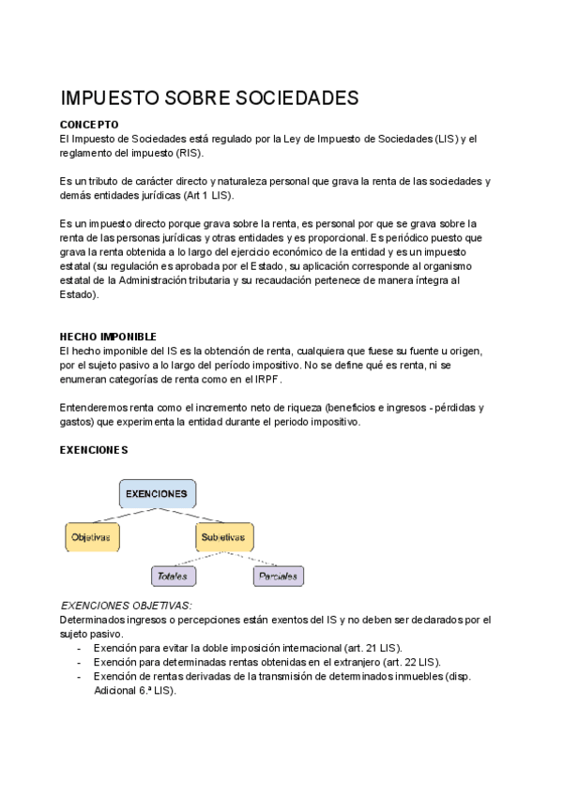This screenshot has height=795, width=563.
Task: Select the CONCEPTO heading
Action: pyautogui.click(x=89, y=124)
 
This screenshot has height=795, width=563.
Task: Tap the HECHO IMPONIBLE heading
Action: pyautogui.click(x=108, y=336)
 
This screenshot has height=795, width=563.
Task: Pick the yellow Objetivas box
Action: pyautogui.click(x=91, y=537)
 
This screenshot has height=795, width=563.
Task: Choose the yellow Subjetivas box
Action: pyautogui.click(x=223, y=537)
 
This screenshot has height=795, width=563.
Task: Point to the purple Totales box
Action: pyautogui.click(x=173, y=576)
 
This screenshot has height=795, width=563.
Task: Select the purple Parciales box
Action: pyautogui.click(x=280, y=576)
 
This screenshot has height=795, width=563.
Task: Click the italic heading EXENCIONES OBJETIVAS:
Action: pyautogui.click(x=126, y=606)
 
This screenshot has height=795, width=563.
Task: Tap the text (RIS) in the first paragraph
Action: pyautogui.click(x=189, y=153)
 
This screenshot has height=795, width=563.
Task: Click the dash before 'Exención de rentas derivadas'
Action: pyautogui.click(x=80, y=676)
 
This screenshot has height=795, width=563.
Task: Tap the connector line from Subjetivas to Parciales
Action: pyautogui.click(x=251, y=559)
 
